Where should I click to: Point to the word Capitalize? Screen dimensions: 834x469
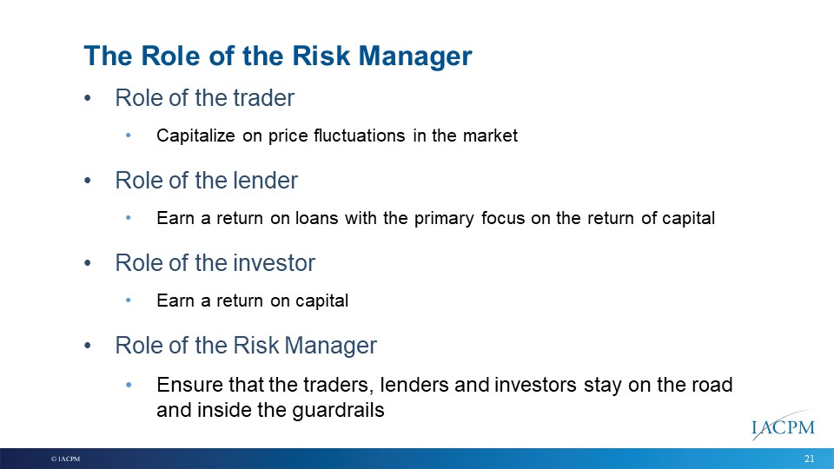pos(195,136)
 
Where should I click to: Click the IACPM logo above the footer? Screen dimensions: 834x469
pos(783,426)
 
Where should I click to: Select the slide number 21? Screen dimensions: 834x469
pos(810,459)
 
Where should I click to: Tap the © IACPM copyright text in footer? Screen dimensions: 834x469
pos(65,459)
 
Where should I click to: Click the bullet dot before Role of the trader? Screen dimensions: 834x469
pos(88,98)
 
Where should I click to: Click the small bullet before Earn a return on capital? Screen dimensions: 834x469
pos(129,301)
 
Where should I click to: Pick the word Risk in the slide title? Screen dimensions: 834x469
pos(321,56)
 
